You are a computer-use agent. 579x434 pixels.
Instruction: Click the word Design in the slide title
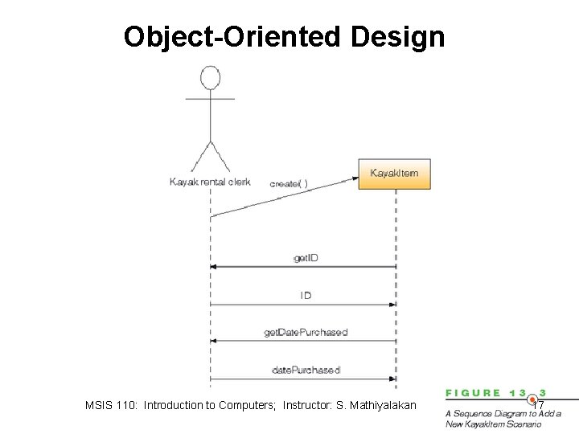[397, 37]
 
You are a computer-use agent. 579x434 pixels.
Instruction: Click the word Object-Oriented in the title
[232, 37]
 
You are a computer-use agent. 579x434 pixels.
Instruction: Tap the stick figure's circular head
[210, 78]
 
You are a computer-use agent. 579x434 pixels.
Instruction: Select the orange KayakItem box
[394, 174]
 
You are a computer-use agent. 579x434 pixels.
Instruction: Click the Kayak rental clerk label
[210, 182]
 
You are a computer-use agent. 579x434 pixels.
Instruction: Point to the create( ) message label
[289, 183]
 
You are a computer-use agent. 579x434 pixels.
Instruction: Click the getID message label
[306, 258]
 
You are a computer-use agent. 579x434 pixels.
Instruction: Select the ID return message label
[306, 296]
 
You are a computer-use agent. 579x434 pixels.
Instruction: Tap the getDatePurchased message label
[306, 332]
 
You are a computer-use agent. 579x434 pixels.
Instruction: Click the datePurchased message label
[306, 370]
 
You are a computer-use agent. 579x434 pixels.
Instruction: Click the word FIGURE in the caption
[474, 393]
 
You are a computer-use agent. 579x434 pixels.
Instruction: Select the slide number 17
[538, 405]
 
